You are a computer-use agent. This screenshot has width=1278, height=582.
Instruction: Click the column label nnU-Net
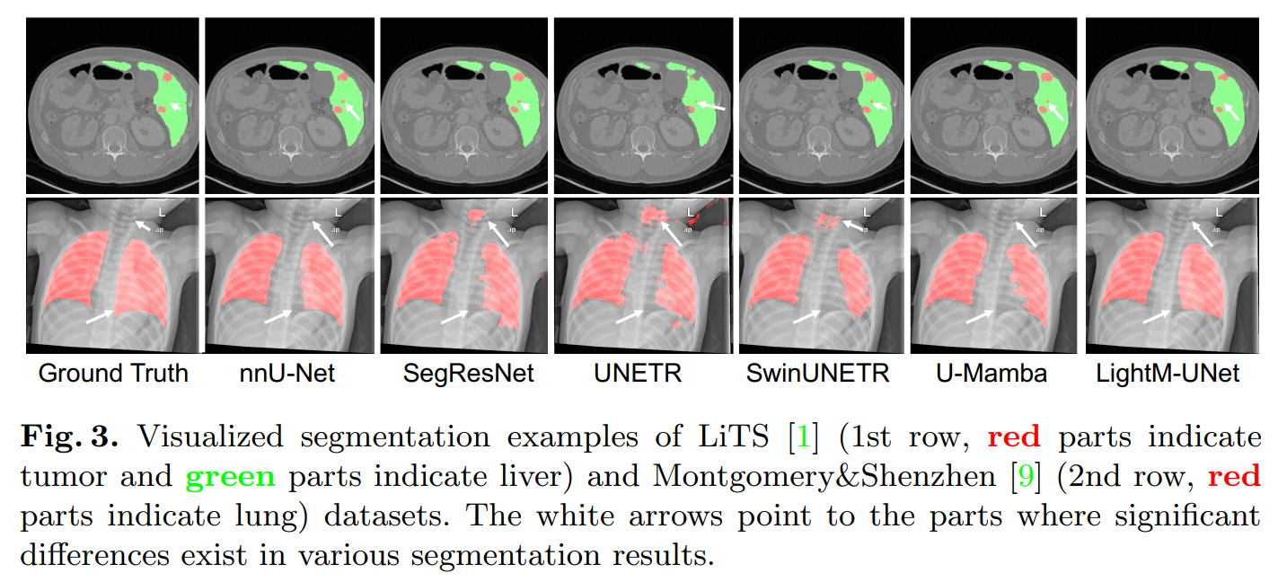pos(287,374)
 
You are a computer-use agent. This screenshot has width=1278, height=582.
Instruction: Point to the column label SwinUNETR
pos(817,374)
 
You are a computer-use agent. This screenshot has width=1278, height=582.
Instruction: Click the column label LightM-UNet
pos(1168,374)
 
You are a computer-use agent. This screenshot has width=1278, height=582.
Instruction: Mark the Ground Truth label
pos(113,374)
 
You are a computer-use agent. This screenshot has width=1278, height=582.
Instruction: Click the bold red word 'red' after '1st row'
pos(1014,438)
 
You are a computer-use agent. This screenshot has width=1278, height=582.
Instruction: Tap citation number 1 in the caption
pos(801,438)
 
